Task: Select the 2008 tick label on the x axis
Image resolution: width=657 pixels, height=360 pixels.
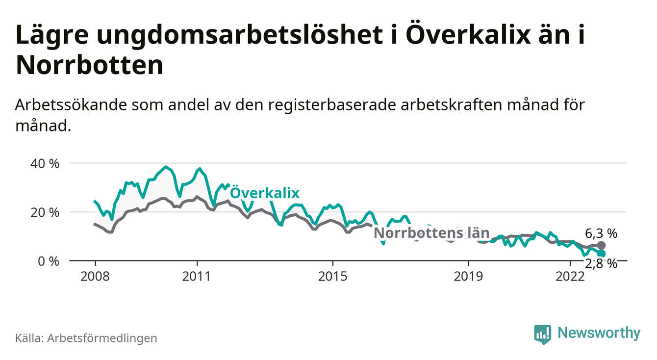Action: tap(95, 276)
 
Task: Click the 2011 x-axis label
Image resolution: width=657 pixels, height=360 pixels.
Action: tap(197, 276)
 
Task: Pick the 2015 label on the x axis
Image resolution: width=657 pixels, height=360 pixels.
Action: tap(333, 276)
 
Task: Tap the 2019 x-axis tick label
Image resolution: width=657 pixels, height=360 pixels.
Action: tap(469, 276)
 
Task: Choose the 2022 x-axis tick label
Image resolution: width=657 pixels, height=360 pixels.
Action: tap(570, 276)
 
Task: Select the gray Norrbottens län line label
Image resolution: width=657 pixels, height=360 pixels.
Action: tap(426, 233)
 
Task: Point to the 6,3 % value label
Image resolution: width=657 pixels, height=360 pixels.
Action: tap(601, 233)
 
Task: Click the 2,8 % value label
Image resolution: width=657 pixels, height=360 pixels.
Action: tap(601, 264)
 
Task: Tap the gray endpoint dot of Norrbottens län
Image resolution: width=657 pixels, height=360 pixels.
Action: tap(602, 245)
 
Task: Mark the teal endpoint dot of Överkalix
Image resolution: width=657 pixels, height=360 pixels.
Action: tap(602, 254)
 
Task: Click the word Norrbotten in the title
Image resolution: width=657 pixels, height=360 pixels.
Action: tap(89, 65)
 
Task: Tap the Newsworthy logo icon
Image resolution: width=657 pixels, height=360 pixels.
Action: tap(542, 334)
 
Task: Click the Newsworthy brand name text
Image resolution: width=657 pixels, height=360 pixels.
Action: tap(599, 334)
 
